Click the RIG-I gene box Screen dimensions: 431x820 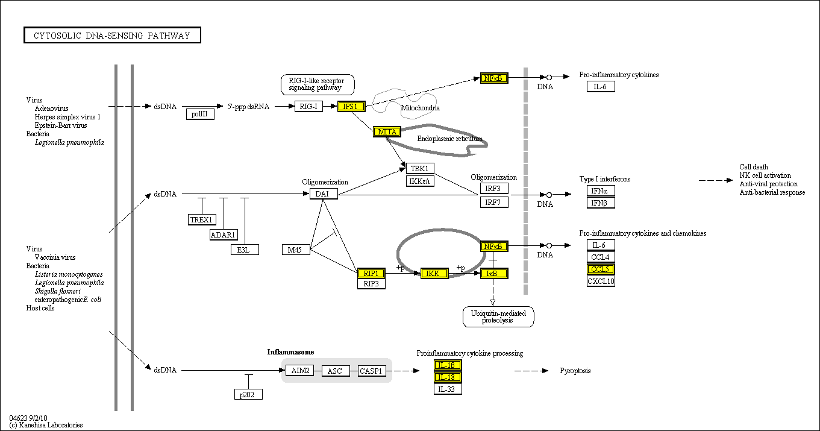[308, 107]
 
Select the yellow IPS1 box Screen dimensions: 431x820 [351, 107]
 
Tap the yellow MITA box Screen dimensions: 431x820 [386, 131]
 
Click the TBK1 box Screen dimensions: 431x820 [420, 168]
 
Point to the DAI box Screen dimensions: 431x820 [324, 193]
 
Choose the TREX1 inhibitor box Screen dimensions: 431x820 [202, 219]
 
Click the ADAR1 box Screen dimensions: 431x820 [224, 234]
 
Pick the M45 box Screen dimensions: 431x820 [296, 250]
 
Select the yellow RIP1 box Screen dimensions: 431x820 [371, 273]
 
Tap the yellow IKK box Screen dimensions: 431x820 [434, 274]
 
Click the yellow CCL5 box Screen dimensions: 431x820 [601, 269]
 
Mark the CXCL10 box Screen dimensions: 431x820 [601, 281]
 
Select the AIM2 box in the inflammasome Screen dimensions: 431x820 [299, 371]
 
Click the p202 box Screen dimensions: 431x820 [248, 394]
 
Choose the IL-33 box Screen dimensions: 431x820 [448, 389]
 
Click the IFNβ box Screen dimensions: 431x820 [601, 203]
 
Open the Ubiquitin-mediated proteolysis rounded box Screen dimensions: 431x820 [498, 316]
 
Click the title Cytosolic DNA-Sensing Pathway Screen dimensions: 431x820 [112, 36]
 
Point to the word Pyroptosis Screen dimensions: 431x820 [575, 371]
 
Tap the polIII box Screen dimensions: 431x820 [200, 113]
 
